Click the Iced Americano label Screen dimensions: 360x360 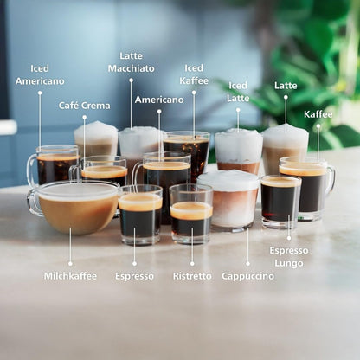point(39,74)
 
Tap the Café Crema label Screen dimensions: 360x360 point(84,106)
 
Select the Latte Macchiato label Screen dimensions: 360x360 point(132,62)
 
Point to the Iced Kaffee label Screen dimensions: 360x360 point(194,74)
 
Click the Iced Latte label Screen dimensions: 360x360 point(238,92)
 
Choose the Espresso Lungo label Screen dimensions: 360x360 point(289,256)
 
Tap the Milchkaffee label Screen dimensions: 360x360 point(70,276)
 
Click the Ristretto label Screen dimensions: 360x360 point(192,276)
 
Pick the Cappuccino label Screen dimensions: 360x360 point(247,276)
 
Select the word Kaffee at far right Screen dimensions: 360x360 point(318,114)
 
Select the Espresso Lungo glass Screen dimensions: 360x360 point(280,201)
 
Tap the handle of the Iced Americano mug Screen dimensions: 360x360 point(32,170)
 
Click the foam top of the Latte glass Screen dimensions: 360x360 point(285,137)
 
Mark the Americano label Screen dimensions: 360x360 point(159,100)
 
